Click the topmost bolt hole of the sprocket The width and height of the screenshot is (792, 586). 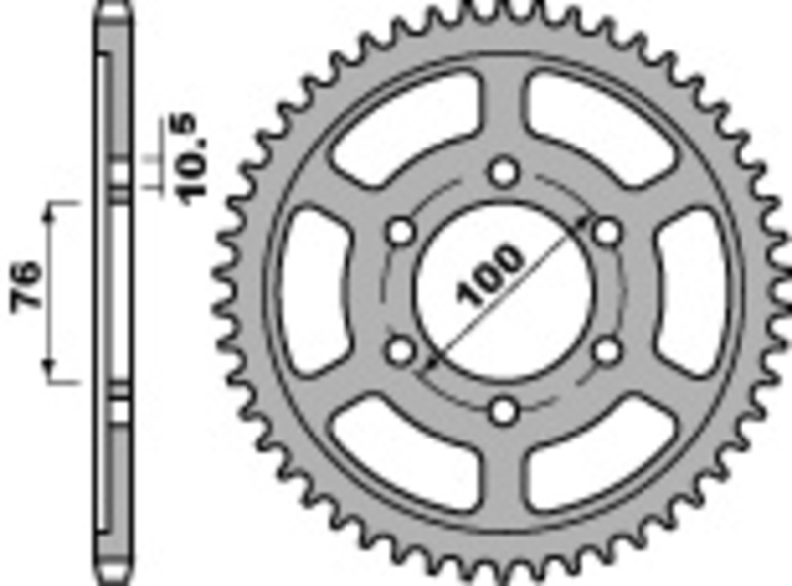coord(505,173)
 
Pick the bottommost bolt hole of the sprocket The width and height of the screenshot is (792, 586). coord(505,409)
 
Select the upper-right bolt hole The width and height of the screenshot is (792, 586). coord(606,232)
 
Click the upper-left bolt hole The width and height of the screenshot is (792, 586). coord(402,232)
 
